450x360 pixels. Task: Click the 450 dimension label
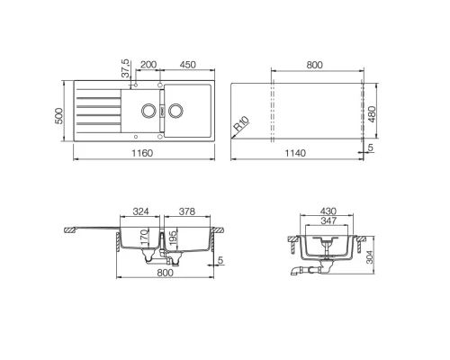(187, 66)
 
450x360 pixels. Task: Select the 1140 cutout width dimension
(297, 153)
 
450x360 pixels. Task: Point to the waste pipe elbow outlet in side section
(298, 269)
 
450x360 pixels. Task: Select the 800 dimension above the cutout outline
(317, 66)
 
